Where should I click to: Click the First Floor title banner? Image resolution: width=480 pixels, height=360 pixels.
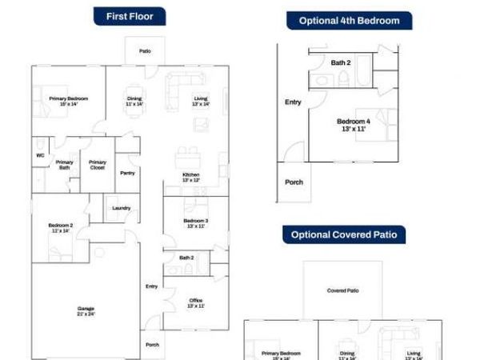coord(130,16)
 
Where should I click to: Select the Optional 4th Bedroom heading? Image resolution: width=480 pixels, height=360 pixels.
coord(350,21)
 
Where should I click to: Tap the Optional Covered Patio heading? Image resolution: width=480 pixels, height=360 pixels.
coord(343,235)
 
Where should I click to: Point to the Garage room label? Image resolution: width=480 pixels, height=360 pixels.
coord(86,310)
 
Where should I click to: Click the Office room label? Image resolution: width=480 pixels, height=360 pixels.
coord(196,302)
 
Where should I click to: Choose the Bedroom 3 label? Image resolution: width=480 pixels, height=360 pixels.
coord(196,223)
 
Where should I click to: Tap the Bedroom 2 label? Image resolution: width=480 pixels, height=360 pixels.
coord(60,228)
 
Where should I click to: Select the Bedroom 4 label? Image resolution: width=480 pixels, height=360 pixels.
coord(353,125)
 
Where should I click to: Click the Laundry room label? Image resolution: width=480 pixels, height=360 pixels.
coord(122,208)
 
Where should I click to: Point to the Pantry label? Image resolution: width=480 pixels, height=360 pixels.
coord(127,173)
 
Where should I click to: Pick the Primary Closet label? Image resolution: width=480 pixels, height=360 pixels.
coord(97,165)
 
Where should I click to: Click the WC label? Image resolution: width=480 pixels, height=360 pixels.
coord(39,156)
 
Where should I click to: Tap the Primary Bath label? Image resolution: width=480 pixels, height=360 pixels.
coord(65,165)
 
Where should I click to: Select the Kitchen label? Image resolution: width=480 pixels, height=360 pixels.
coord(190,177)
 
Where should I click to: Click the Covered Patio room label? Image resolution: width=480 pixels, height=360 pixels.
coord(342,291)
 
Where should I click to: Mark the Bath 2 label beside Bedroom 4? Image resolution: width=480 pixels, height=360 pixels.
coord(341,62)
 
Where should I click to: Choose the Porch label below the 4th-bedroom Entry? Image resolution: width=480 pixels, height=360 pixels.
coord(294,182)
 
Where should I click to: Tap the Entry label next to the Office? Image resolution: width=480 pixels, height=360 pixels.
coord(151,286)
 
